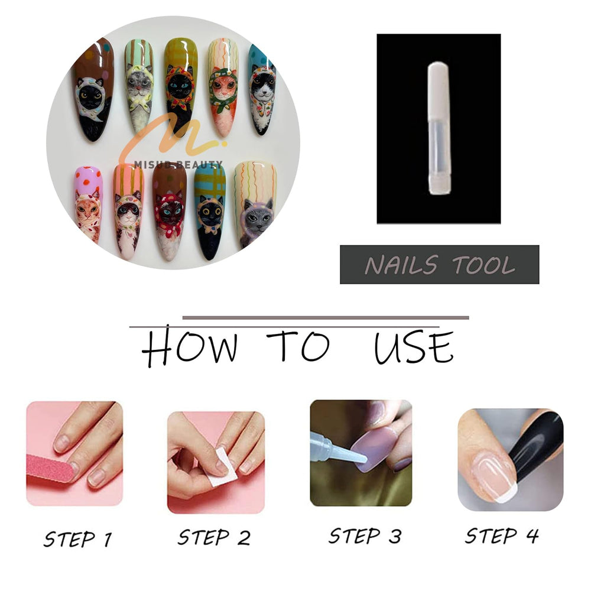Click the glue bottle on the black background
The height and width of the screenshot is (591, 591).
pos(439,128)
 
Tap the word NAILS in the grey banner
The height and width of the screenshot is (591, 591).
pos(402,265)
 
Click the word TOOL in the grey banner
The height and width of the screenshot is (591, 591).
pos(483,265)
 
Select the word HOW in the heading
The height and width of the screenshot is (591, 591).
pos(190,347)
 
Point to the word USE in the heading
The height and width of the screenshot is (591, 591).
pos(414,347)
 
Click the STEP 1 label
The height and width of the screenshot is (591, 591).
pos(78,538)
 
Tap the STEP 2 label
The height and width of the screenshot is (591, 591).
pos(214,537)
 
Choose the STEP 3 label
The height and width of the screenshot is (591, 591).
pos(365,535)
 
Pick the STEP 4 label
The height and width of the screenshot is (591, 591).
pos(502,535)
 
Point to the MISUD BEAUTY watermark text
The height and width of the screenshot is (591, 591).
pos(178,164)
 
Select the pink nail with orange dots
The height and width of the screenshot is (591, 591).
pos(89,203)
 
